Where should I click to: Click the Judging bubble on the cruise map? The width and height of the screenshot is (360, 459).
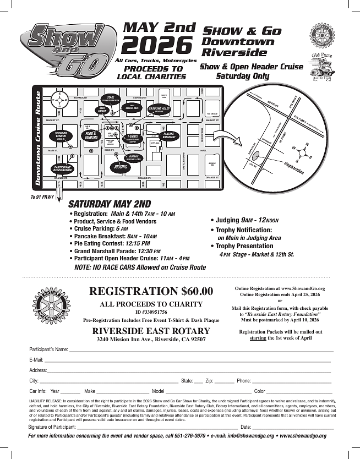point(120,166)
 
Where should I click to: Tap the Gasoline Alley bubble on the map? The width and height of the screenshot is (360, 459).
point(159,110)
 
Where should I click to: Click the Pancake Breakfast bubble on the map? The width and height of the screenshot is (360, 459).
point(169,135)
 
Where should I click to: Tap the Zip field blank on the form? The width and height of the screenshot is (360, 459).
point(224,381)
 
